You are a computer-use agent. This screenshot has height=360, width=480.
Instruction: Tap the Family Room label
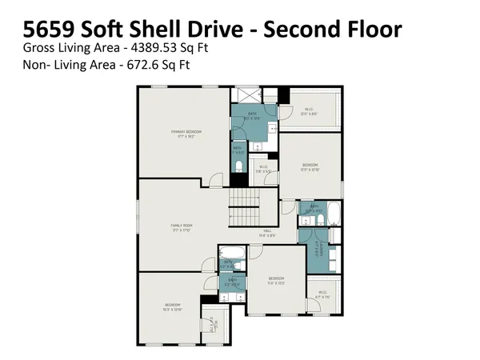(182, 226)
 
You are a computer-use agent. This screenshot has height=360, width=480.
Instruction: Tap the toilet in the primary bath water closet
(238, 166)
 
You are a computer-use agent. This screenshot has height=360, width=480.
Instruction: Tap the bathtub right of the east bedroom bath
(334, 214)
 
